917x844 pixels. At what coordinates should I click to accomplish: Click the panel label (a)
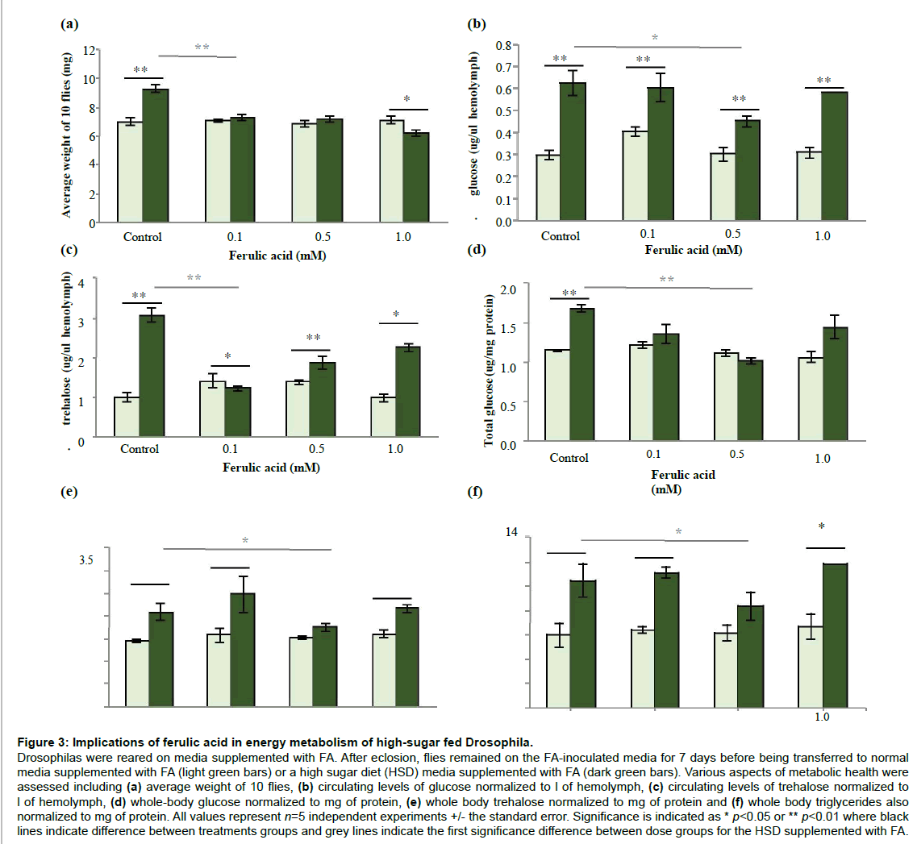[70, 24]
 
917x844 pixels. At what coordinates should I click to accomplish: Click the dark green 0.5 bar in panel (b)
[748, 169]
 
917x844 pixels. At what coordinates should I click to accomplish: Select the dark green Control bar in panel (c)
[152, 376]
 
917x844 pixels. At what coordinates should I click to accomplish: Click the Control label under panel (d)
[569, 457]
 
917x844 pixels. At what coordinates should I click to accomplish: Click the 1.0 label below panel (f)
[823, 716]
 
